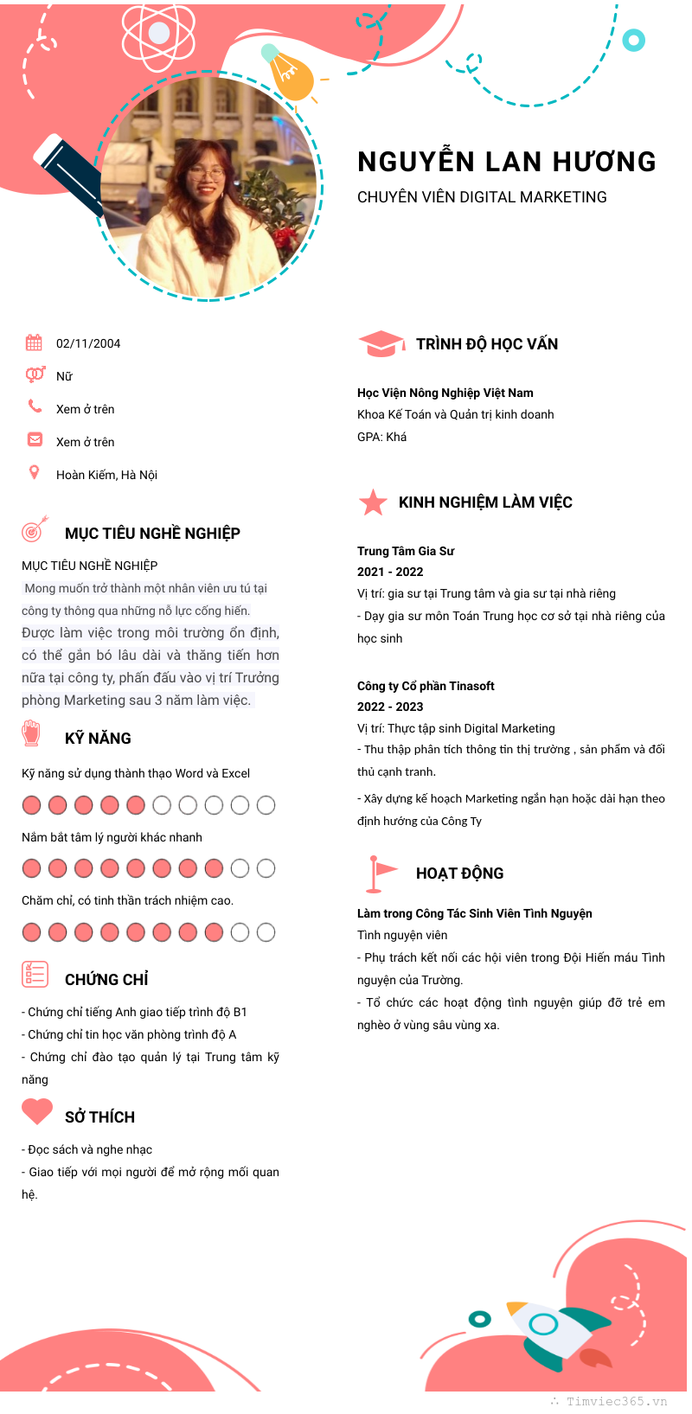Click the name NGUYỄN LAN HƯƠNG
click(x=507, y=162)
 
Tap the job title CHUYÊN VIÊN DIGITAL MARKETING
click(x=482, y=197)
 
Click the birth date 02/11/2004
click(x=88, y=343)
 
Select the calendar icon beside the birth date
click(x=34, y=342)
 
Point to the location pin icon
click(x=34, y=472)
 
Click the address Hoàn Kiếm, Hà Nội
click(x=106, y=475)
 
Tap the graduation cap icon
click(x=381, y=343)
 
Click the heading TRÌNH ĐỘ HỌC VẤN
click(x=487, y=344)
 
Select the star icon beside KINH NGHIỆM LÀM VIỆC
click(x=373, y=502)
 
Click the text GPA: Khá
click(x=381, y=437)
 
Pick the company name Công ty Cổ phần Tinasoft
click(x=426, y=686)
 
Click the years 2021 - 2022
click(x=390, y=572)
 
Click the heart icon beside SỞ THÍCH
click(x=37, y=1111)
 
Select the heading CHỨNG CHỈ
click(x=106, y=980)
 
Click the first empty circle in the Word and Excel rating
click(x=162, y=805)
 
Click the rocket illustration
click(x=554, y=1328)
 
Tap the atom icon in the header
click(x=159, y=34)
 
